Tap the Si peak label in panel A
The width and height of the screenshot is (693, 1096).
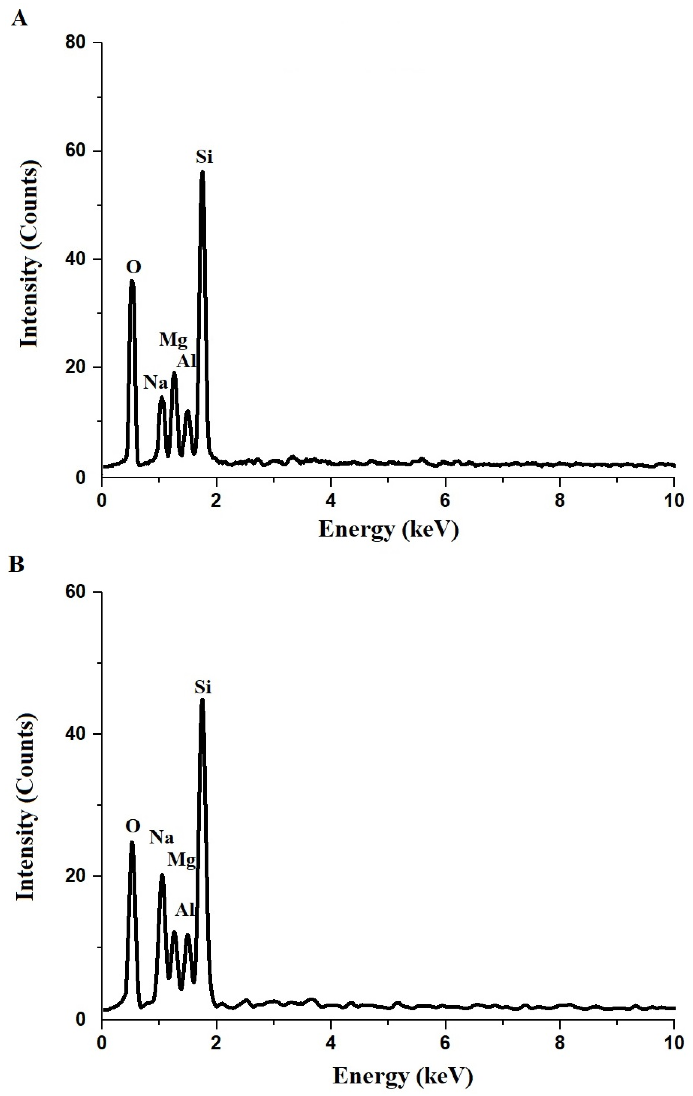coord(204,157)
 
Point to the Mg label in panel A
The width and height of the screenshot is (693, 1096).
coord(173,339)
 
